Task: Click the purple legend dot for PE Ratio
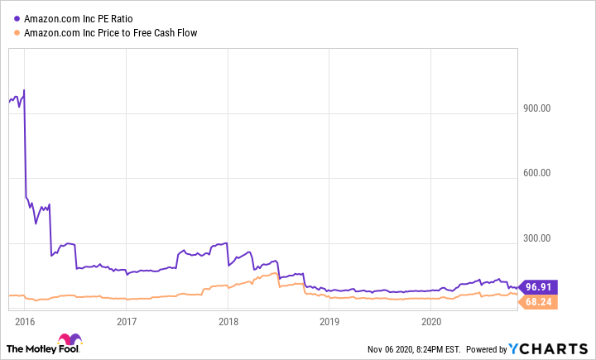click(17, 18)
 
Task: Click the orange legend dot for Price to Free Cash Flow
click(17, 33)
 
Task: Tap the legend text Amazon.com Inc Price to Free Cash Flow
click(110, 33)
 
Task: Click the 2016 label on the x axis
click(25, 321)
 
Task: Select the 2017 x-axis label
click(126, 321)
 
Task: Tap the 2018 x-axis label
click(228, 321)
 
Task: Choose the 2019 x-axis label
click(329, 321)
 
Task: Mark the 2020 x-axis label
click(430, 321)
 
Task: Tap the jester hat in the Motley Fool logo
click(70, 340)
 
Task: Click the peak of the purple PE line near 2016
click(24, 89)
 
